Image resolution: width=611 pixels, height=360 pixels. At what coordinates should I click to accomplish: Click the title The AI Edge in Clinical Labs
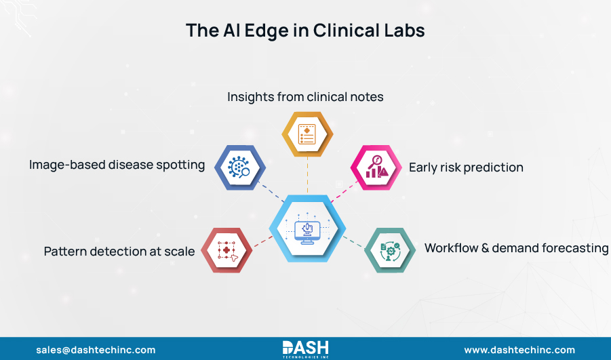pyautogui.click(x=305, y=31)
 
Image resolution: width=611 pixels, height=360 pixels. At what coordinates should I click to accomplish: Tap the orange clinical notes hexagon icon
pyautogui.click(x=307, y=134)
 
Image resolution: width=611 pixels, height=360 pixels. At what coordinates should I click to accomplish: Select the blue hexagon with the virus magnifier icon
pyautogui.click(x=238, y=167)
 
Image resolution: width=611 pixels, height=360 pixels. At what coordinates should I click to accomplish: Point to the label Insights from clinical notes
pyautogui.click(x=305, y=97)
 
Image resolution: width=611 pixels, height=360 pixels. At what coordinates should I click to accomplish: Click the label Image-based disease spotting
pyautogui.click(x=117, y=165)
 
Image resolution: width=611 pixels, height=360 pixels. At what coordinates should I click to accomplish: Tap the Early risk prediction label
pyautogui.click(x=466, y=167)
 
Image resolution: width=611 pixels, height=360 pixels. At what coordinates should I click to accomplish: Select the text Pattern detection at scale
pyautogui.click(x=119, y=252)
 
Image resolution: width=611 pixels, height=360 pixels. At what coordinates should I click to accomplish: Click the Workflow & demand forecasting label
pyautogui.click(x=516, y=248)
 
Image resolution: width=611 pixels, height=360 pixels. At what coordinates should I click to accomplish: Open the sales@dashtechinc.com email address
pyautogui.click(x=96, y=350)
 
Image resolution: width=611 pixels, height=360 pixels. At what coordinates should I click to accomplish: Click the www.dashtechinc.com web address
pyautogui.click(x=519, y=350)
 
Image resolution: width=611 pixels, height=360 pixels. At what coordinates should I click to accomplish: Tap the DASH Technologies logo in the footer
pyautogui.click(x=306, y=348)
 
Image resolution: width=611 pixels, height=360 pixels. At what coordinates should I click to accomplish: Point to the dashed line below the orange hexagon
pyautogui.click(x=307, y=176)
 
